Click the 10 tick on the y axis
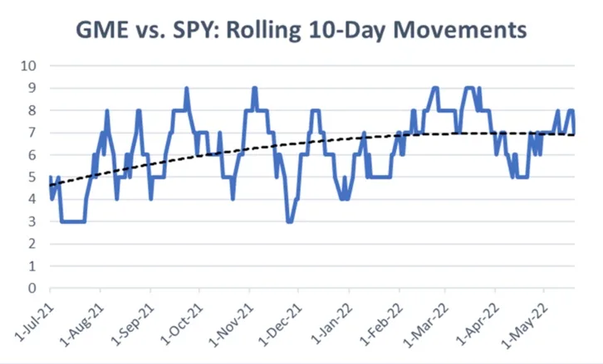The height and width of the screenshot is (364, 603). pyautogui.click(x=28, y=66)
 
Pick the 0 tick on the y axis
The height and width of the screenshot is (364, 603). pyautogui.click(x=32, y=289)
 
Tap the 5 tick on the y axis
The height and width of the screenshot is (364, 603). pyautogui.click(x=32, y=177)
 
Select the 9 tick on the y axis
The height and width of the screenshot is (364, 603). pyautogui.click(x=32, y=88)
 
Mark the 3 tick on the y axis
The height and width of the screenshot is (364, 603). pyautogui.click(x=32, y=222)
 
